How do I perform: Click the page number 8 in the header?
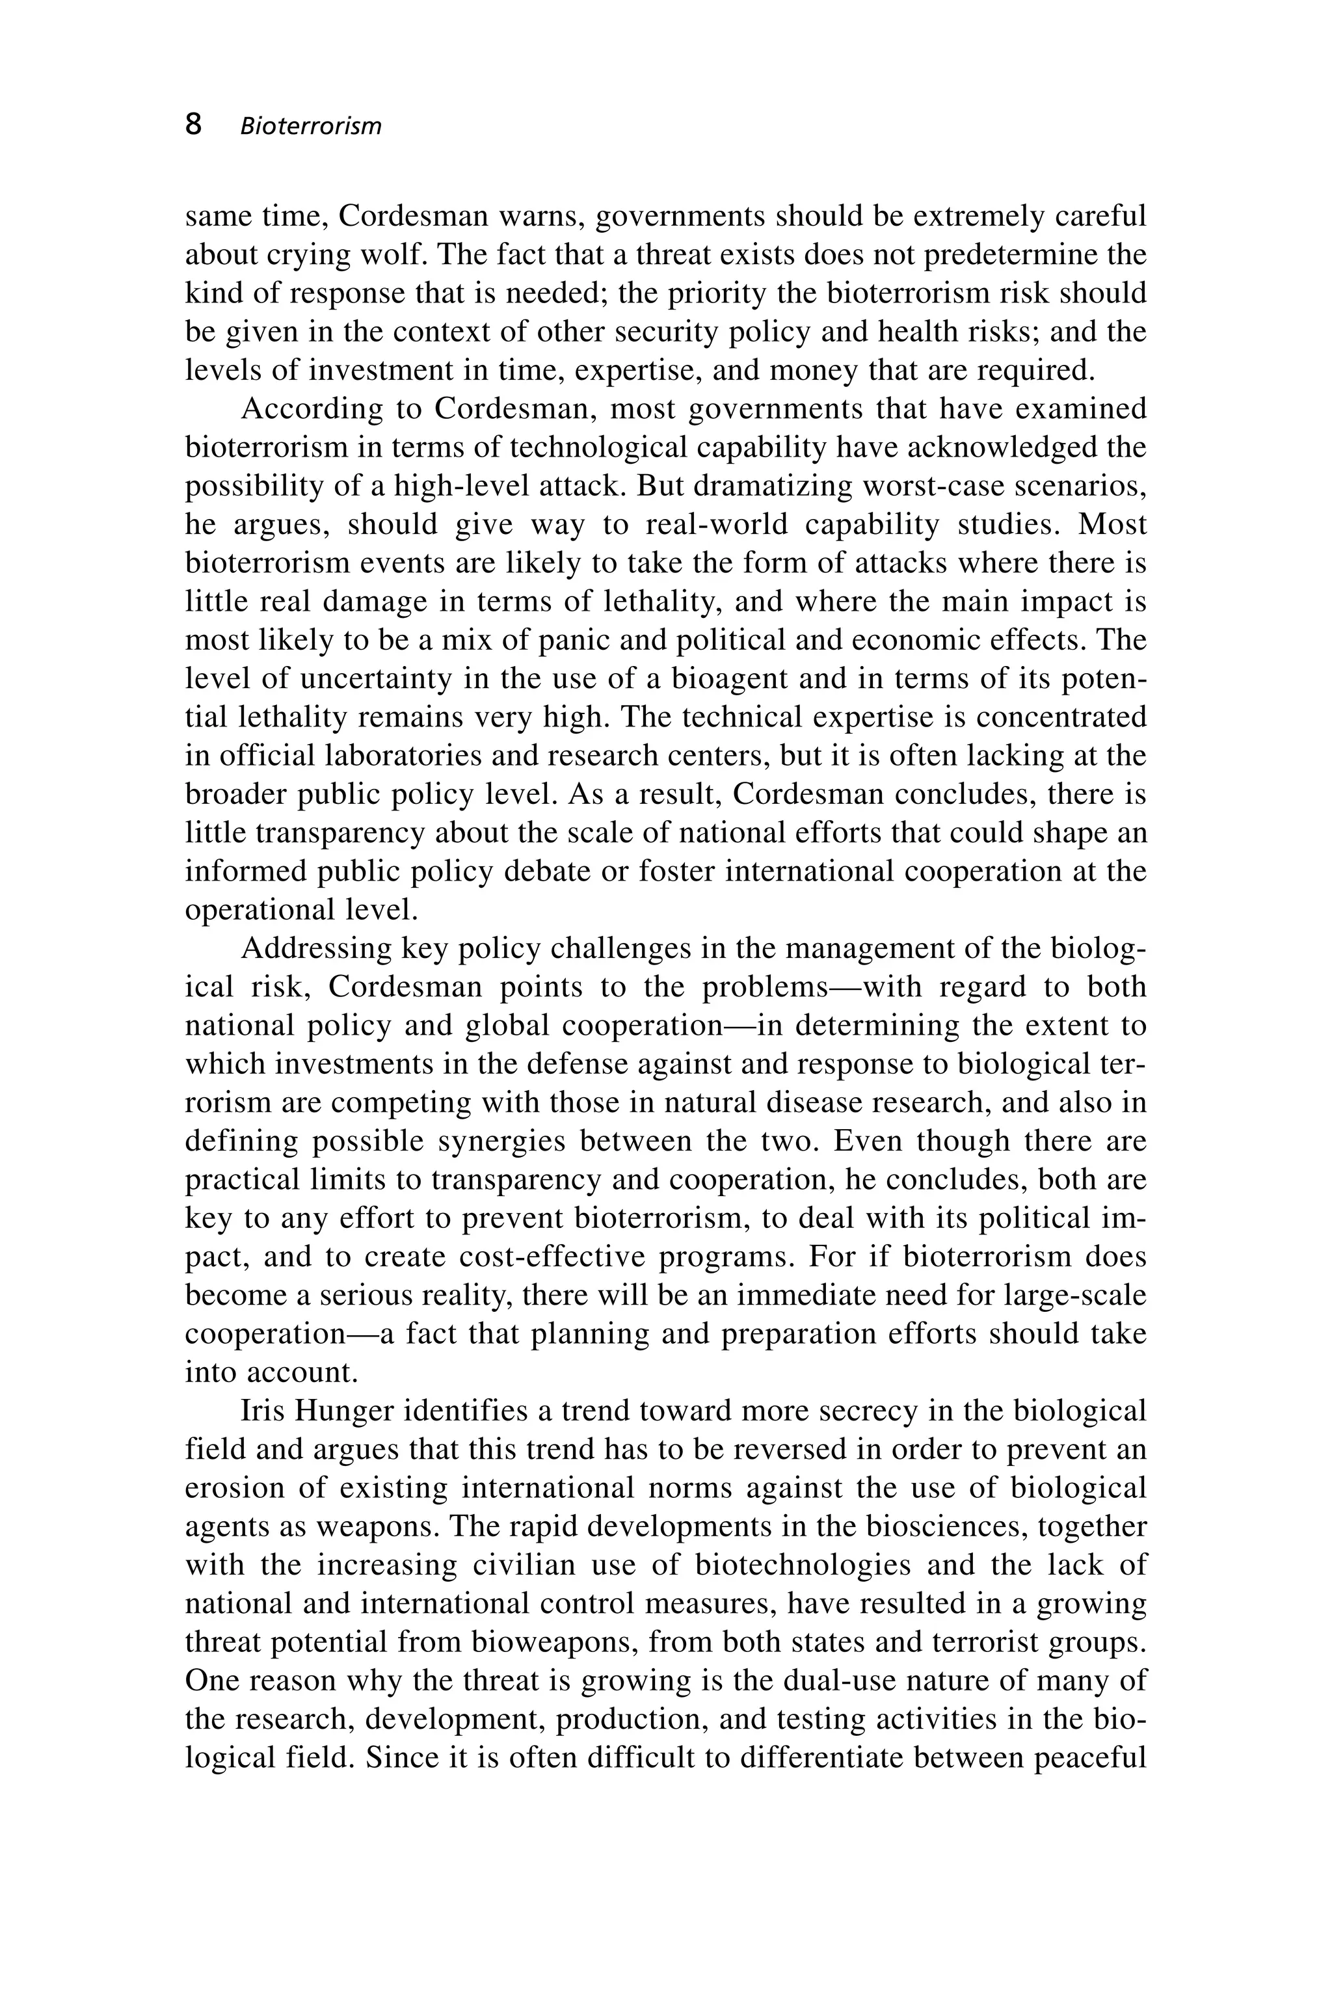194,125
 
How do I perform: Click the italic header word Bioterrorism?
311,127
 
